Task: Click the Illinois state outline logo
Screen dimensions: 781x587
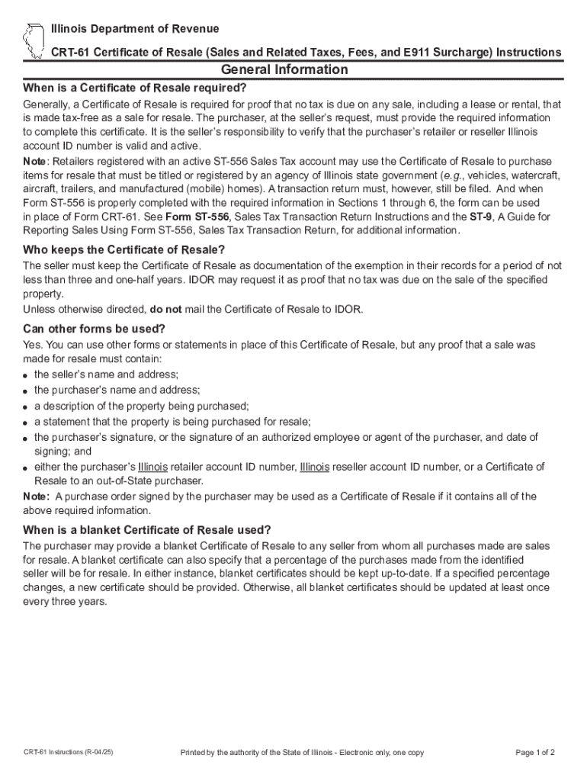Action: pos(33,40)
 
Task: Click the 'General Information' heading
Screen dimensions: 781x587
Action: pos(293,70)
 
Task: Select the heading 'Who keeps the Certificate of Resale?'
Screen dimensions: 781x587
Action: pos(124,250)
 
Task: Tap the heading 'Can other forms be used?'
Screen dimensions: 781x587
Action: pos(94,329)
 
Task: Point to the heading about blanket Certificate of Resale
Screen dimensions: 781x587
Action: pos(147,530)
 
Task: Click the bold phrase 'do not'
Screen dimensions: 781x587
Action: pos(166,309)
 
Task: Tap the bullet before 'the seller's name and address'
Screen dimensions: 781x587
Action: pos(26,376)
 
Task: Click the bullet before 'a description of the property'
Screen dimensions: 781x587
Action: pos(26,407)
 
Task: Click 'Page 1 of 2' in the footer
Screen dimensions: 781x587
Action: pos(535,753)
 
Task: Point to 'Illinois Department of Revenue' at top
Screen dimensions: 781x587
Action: pos(135,29)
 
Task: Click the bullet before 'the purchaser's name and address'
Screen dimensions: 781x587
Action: pos(26,391)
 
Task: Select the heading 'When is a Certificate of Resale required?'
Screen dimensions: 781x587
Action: pos(135,87)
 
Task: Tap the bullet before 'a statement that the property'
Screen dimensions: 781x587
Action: pos(26,423)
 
